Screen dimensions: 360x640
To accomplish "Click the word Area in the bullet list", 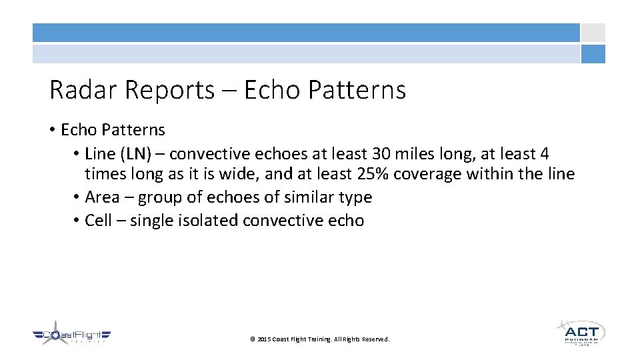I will [102, 197].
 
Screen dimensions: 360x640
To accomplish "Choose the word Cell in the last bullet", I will [98, 221].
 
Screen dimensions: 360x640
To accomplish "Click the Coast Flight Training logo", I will [72, 335].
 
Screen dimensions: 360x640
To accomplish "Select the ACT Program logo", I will [580, 333].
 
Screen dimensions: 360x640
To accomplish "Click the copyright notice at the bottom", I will [319, 339].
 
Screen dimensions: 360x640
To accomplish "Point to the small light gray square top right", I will [593, 33].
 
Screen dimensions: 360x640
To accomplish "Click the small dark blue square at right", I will [593, 54].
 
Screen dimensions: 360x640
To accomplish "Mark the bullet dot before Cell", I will [77, 221].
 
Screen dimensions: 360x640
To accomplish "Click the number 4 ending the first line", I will [545, 154].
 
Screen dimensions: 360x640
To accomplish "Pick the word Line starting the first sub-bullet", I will [100, 154].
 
